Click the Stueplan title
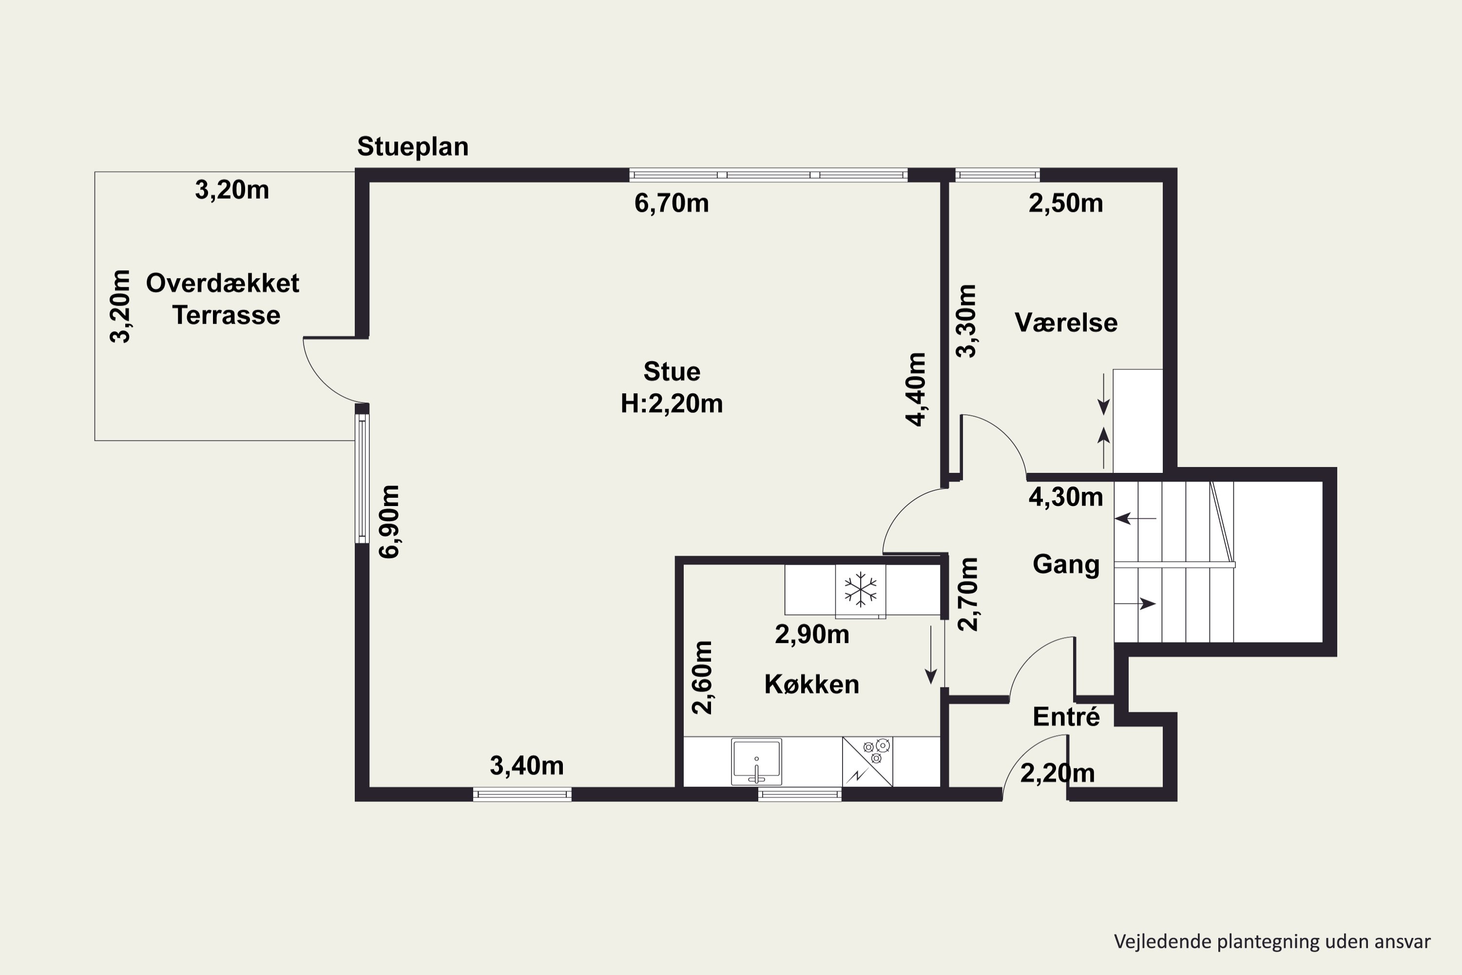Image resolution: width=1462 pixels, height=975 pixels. (x=413, y=147)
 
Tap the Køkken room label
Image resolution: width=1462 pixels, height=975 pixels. (x=812, y=684)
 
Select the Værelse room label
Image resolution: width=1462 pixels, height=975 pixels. (x=1066, y=323)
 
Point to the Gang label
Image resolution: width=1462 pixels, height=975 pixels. (x=1066, y=565)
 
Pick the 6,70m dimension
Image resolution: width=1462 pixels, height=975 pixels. (x=672, y=204)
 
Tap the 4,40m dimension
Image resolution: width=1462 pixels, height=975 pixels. (x=916, y=389)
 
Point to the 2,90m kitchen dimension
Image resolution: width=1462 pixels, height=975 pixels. (x=812, y=634)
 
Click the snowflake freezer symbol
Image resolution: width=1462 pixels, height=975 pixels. (x=860, y=589)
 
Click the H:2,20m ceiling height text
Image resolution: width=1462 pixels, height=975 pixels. (x=672, y=404)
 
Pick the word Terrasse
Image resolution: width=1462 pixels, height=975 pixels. (x=226, y=315)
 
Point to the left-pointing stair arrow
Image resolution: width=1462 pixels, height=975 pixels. (x=1135, y=518)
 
